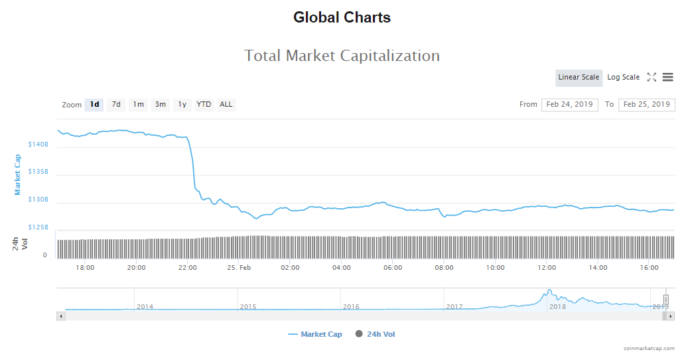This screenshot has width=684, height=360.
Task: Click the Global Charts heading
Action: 342,18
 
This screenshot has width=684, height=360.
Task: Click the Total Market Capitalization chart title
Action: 342,56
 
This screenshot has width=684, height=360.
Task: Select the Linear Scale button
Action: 579,78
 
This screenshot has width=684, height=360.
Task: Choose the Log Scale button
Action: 623,78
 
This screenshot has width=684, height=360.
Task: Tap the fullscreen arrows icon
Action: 651,78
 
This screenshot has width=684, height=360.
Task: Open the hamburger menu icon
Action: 667,78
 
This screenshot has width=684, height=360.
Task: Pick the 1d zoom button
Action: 94,105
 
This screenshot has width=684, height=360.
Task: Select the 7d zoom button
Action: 116,105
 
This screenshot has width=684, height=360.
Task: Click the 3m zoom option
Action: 160,105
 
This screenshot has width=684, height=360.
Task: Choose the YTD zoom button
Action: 204,105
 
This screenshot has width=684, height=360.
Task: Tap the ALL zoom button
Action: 226,105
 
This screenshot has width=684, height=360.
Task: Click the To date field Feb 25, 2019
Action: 646,105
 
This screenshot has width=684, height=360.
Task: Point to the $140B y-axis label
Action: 38,144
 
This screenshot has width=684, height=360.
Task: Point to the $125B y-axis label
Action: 38,227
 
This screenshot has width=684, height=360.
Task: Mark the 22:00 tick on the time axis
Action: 188,268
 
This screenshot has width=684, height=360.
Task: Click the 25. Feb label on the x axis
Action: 239,268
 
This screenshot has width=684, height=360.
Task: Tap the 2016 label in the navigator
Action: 351,306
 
